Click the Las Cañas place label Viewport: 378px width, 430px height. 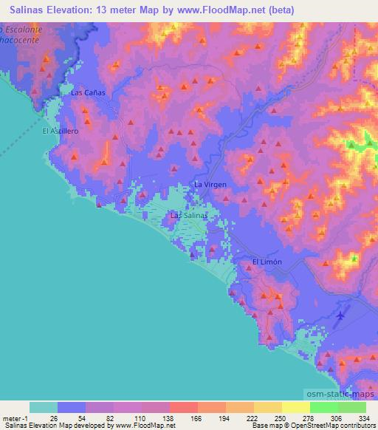(x=89, y=93)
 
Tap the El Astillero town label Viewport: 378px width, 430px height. (x=60, y=131)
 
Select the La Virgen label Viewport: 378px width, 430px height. (x=210, y=184)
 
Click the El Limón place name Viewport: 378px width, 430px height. (x=267, y=262)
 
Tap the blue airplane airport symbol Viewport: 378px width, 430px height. (x=340, y=316)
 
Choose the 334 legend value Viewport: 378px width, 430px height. (x=364, y=418)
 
